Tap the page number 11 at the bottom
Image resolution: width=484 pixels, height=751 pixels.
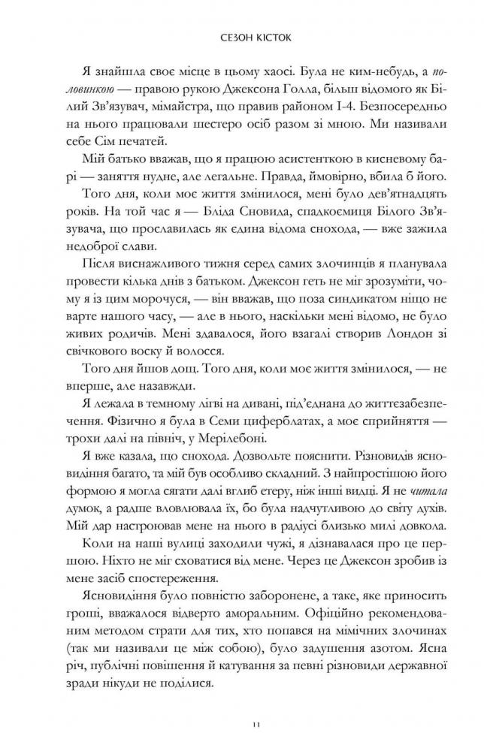(x=241, y=722)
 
